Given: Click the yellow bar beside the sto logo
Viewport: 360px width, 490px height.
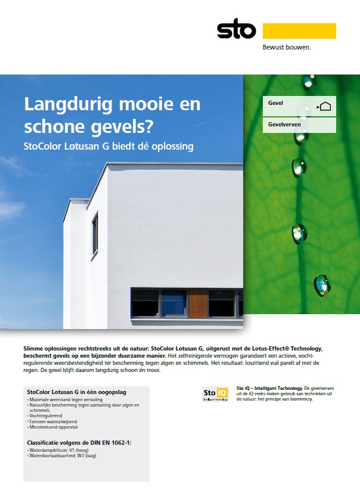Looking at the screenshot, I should pos(299,30).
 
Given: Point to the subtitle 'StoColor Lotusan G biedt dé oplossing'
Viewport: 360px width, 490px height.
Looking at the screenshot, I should pos(108,146).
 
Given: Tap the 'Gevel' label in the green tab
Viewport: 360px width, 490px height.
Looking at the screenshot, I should pos(275,103).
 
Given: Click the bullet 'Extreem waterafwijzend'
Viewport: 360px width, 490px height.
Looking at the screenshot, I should pos(52,422).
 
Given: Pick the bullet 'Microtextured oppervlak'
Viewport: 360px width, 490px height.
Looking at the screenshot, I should pos(52,427).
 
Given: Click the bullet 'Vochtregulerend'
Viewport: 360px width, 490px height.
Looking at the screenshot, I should pos(46,417).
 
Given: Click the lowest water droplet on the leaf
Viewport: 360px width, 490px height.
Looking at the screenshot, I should pos(322,286).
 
